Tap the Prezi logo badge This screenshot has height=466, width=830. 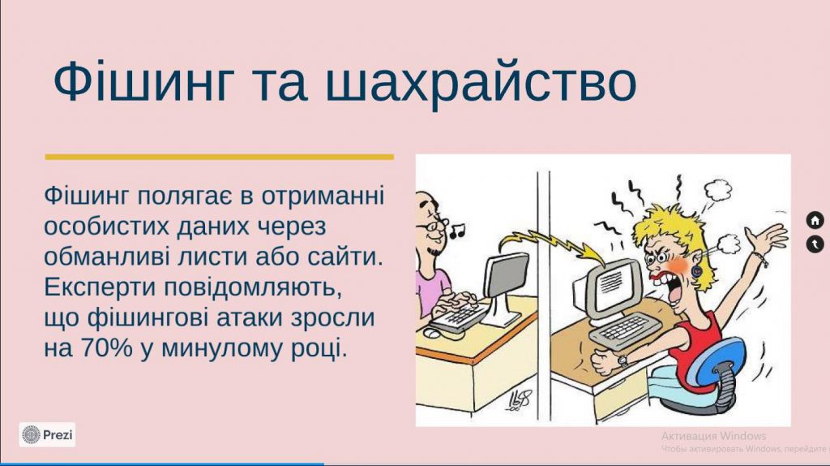(x=48, y=435)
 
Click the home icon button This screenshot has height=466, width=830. (x=815, y=220)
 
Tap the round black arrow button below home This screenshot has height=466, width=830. (x=815, y=244)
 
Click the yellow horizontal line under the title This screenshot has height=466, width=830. (x=219, y=157)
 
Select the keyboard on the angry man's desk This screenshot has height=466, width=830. (x=624, y=330)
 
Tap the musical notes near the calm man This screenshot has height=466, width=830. (x=458, y=231)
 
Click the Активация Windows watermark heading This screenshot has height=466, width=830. (x=708, y=436)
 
